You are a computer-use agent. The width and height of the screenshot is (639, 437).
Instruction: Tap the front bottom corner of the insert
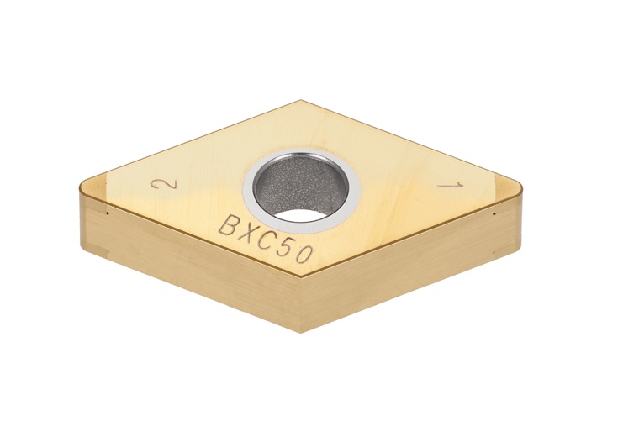301,331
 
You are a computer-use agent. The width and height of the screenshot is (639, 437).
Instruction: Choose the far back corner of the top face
301,102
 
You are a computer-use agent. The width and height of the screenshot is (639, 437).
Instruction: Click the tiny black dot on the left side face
108,213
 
